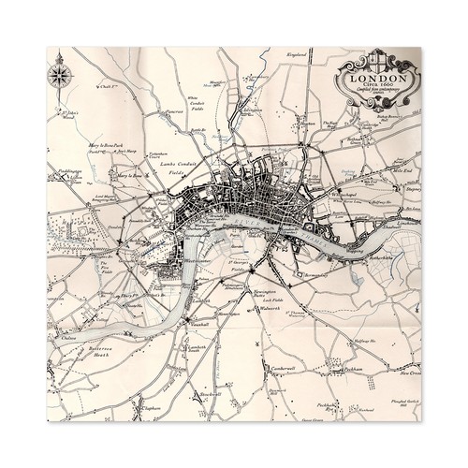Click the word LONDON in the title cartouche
click(x=378, y=68)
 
